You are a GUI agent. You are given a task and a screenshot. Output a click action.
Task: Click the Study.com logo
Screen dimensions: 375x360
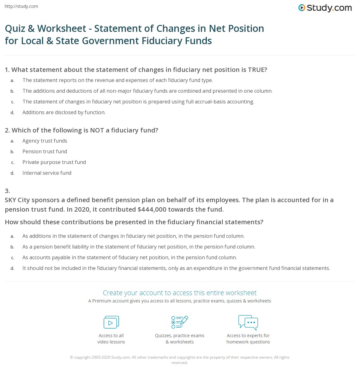[x=325, y=8]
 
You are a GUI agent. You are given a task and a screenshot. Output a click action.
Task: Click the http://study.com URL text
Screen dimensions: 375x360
[x=21, y=6]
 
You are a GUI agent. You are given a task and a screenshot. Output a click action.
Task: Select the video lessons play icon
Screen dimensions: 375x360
[x=111, y=322]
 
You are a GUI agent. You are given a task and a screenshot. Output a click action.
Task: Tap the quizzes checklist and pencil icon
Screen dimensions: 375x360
[x=180, y=322]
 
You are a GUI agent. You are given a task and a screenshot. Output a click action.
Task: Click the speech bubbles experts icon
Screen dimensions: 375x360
[x=248, y=322]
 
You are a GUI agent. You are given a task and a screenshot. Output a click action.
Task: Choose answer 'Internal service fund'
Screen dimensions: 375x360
[x=47, y=173]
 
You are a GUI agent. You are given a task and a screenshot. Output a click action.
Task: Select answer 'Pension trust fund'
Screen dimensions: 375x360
[x=45, y=151]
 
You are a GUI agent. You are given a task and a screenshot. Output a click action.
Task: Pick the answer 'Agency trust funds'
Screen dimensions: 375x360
[x=45, y=141]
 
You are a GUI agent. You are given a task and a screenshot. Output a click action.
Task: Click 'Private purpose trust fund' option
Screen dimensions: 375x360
[x=54, y=162]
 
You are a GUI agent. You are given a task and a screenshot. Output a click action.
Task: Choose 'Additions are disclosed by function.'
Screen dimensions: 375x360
[x=64, y=112]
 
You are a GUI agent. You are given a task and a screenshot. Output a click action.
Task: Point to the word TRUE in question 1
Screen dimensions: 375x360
[x=257, y=70]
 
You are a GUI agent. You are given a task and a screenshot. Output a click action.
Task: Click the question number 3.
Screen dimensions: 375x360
[x=7, y=190]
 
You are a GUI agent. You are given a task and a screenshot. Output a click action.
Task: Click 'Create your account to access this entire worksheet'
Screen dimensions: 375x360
[x=180, y=293]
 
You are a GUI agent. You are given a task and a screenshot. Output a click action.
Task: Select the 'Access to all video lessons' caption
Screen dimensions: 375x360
[x=111, y=338]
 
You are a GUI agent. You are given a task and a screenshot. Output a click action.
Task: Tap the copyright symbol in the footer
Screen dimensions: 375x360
[x=71, y=357]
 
